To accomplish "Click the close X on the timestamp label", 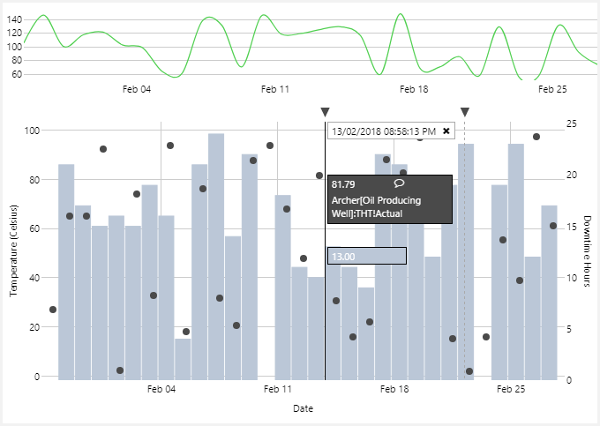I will tap(446, 131).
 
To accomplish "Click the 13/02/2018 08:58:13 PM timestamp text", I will tap(384, 131).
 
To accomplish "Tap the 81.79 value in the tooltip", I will tap(343, 184).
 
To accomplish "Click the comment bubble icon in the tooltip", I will tap(399, 183).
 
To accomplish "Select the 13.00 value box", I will tap(366, 256).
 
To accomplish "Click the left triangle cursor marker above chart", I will tap(325, 112).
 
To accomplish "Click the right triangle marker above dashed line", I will tap(465, 112).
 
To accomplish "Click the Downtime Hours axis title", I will tap(587, 251).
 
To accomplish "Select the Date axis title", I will tap(303, 408).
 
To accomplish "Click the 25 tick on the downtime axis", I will tap(572, 123).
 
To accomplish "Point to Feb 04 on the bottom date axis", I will tap(161, 389).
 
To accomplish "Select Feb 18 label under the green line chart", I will tap(414, 89).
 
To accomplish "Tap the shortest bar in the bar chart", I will tap(183, 358).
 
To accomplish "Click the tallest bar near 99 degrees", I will tap(216, 256).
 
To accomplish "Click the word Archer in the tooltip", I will tap(346, 200).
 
